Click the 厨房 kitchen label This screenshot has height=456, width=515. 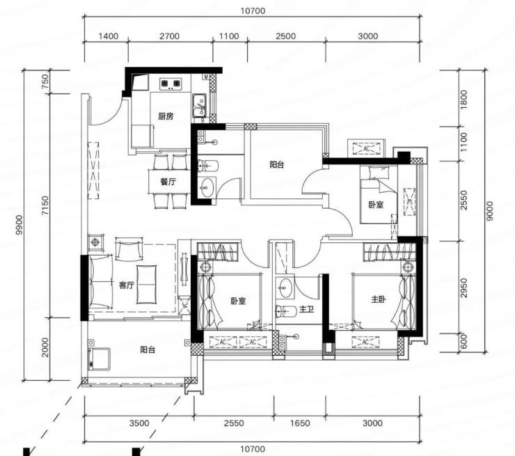click(x=166, y=116)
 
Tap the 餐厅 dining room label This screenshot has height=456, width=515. click(x=168, y=182)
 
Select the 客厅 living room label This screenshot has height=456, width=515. click(x=127, y=285)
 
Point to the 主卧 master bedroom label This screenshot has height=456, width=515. click(x=379, y=299)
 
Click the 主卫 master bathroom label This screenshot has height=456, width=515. click(x=307, y=309)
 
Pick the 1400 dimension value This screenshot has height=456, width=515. click(x=108, y=36)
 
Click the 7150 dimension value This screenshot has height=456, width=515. click(x=45, y=205)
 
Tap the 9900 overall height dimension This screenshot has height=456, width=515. click(x=19, y=225)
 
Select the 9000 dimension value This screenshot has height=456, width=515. click(x=489, y=211)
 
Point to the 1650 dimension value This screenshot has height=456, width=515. click(x=299, y=423)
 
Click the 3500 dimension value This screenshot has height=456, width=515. click(x=139, y=423)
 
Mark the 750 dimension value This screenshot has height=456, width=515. click(x=45, y=81)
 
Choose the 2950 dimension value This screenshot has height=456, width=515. click(x=463, y=288)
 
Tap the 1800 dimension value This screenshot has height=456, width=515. click(x=463, y=100)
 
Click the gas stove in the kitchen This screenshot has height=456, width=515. click(x=171, y=84)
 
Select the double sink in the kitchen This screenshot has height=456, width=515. click(x=199, y=105)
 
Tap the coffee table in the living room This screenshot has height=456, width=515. click(x=147, y=285)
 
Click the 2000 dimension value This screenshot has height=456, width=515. click(x=45, y=347)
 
